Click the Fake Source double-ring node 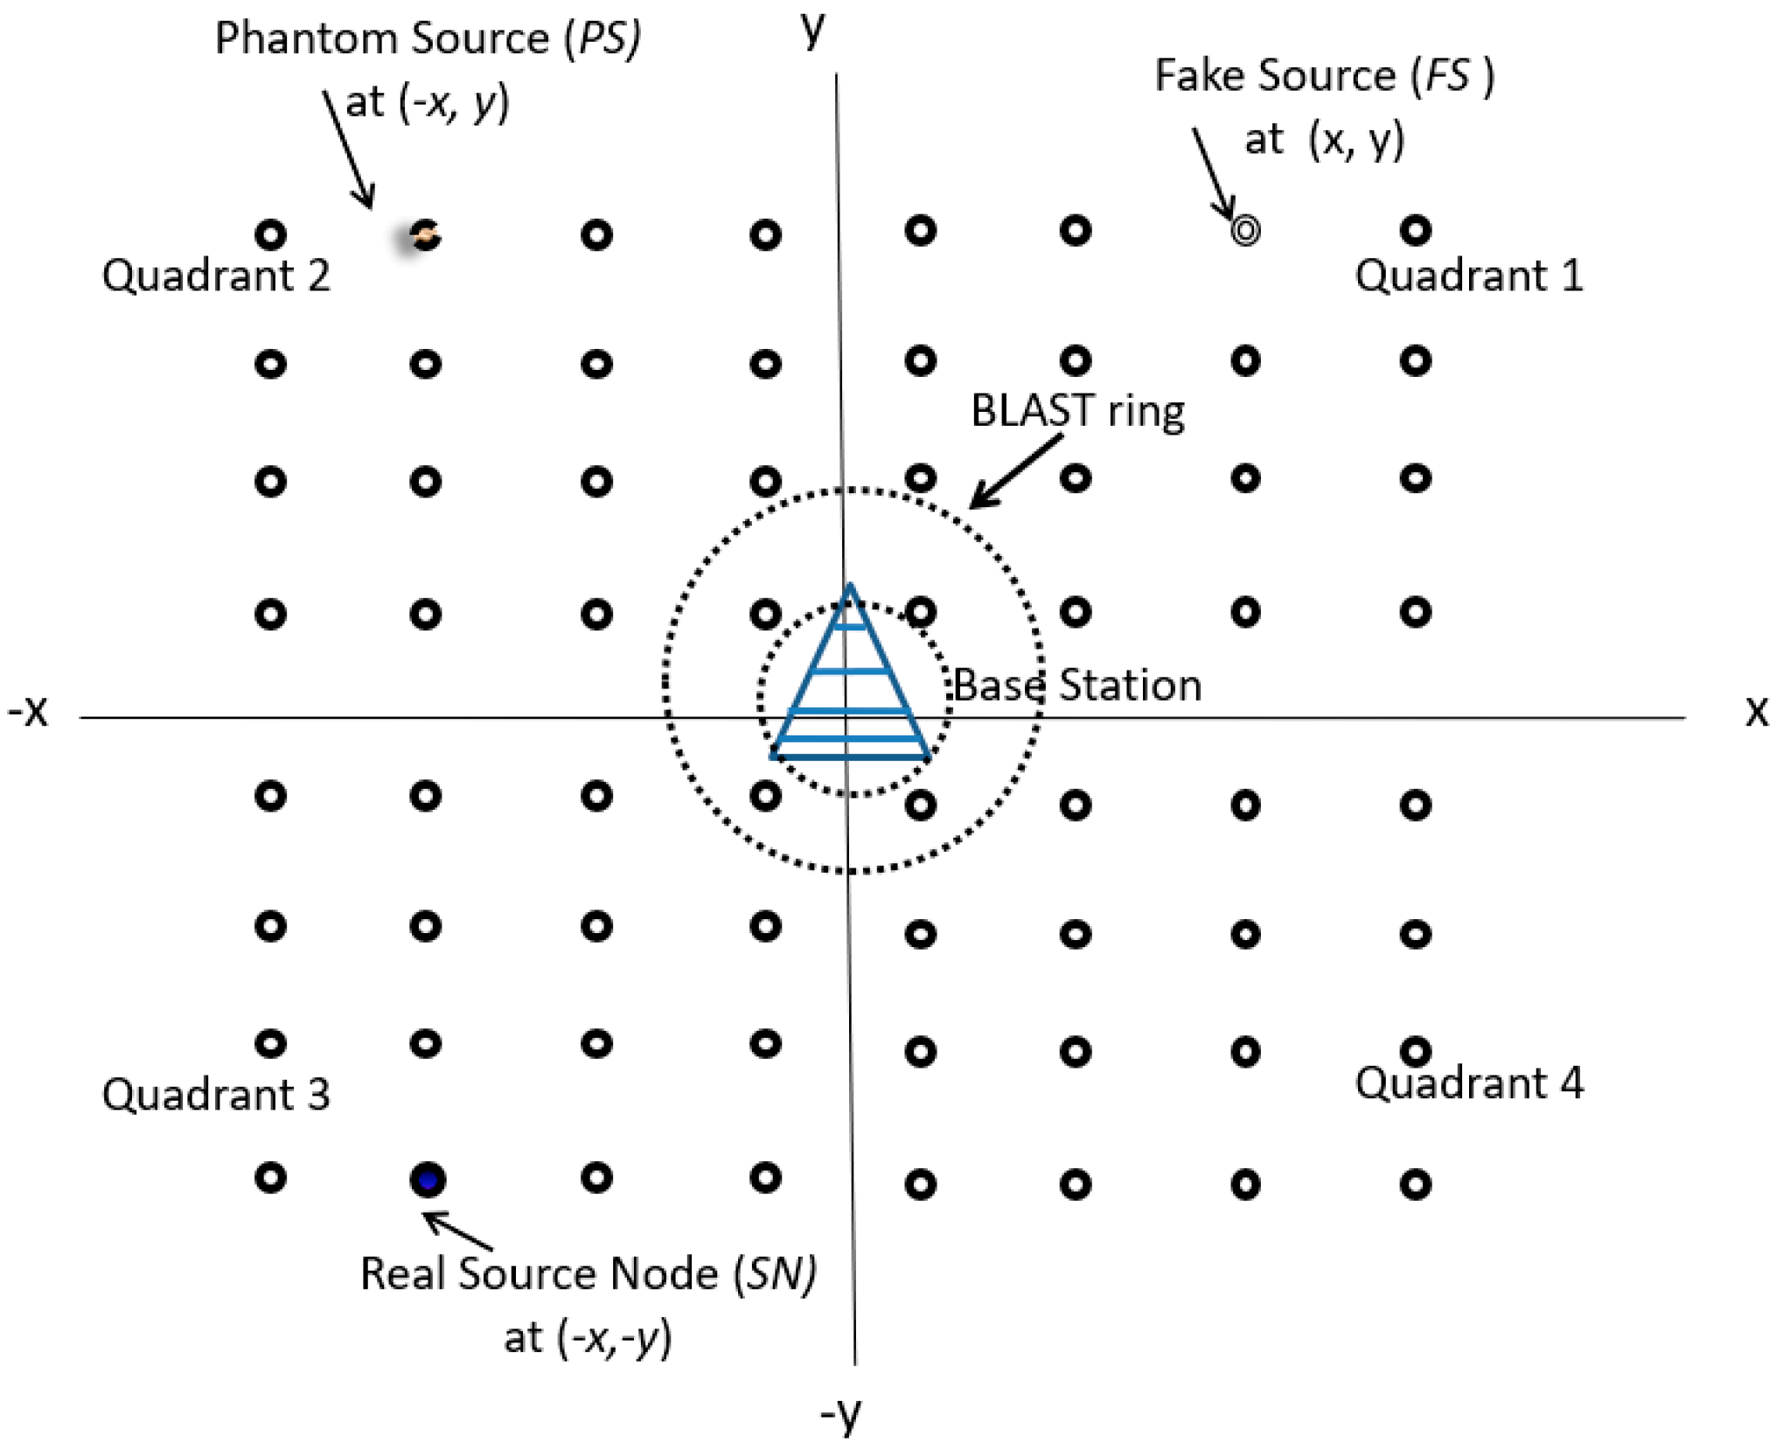pyautogui.click(x=1244, y=231)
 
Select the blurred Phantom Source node pyautogui.click(x=424, y=235)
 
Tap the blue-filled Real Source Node pyautogui.click(x=427, y=1180)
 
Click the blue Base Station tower pyautogui.click(x=850, y=682)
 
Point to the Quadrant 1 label pyautogui.click(x=1468, y=276)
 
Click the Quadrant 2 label pyautogui.click(x=216, y=276)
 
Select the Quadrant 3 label pyautogui.click(x=216, y=1094)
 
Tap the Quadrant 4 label pyautogui.click(x=1468, y=1083)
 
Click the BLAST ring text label pyautogui.click(x=1077, y=411)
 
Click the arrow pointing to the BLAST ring pyautogui.click(x=1014, y=472)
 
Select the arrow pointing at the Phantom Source pyautogui.click(x=349, y=149)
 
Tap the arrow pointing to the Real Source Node pyautogui.click(x=458, y=1230)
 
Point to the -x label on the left pyautogui.click(x=28, y=710)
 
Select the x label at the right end pyautogui.click(x=1756, y=710)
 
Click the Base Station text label pyautogui.click(x=1077, y=685)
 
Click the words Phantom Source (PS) pyautogui.click(x=428, y=39)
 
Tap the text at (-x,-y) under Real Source pyautogui.click(x=587, y=1337)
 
